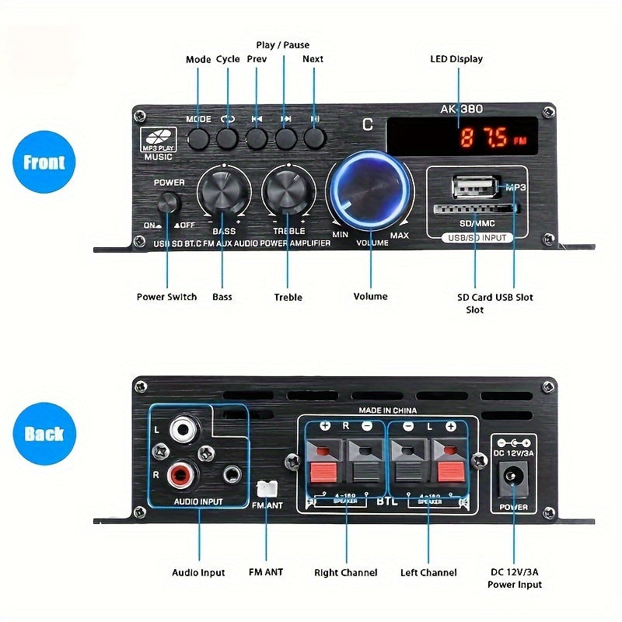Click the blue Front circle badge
click(x=44, y=162)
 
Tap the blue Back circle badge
click(x=44, y=433)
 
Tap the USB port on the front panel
click(x=473, y=187)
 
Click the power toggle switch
click(x=168, y=204)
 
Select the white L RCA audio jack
click(x=184, y=428)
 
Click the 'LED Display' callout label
click(x=456, y=59)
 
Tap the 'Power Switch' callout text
click(x=166, y=297)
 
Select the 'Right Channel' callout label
click(x=345, y=573)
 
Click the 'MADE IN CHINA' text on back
click(x=387, y=410)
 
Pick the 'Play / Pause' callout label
click(x=283, y=45)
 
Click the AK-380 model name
click(x=460, y=110)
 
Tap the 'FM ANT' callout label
click(x=266, y=572)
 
